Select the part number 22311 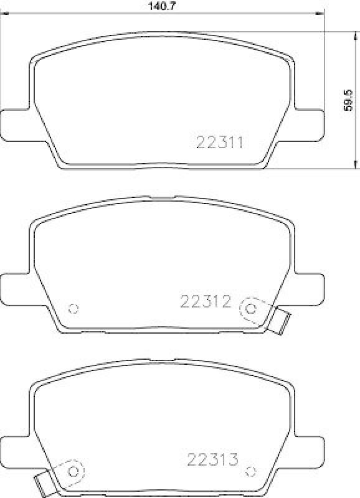click(219, 142)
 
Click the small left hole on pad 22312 click(73, 308)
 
